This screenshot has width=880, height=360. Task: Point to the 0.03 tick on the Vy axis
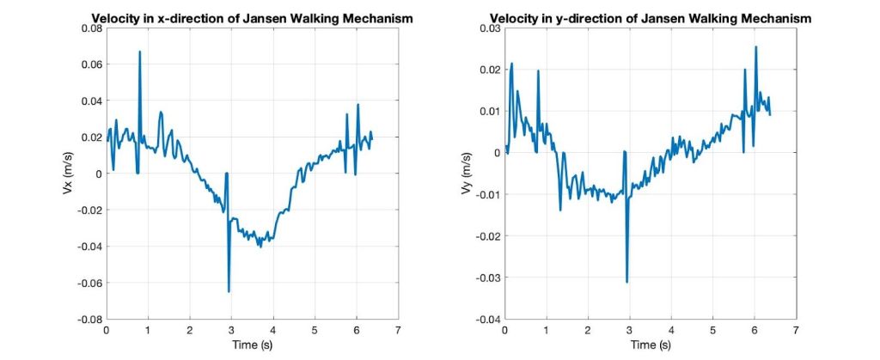point(491,28)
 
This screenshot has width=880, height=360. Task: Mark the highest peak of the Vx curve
point(139,52)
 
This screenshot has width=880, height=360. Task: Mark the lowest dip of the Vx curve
point(229,292)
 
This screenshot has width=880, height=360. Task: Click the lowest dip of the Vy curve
point(627,282)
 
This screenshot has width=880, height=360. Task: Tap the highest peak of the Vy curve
point(756,47)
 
